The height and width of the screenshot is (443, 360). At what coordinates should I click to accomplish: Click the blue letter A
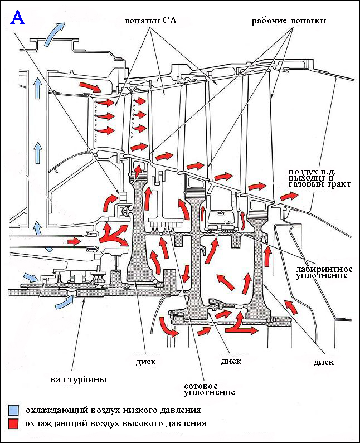(x=17, y=17)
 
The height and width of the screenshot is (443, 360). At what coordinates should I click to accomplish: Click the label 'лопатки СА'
(x=150, y=21)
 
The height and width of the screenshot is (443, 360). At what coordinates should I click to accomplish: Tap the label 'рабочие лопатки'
(x=289, y=21)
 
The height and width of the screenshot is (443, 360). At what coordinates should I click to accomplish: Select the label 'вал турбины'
(x=79, y=379)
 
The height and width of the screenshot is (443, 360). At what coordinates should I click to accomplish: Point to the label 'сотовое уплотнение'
(x=210, y=390)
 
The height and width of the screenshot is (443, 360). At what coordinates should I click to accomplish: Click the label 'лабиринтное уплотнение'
(x=324, y=272)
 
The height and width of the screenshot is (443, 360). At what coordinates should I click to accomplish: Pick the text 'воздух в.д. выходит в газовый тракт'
(x=319, y=178)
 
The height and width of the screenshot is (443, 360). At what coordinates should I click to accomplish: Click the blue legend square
(x=13, y=410)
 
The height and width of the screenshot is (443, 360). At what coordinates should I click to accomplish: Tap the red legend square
(x=13, y=424)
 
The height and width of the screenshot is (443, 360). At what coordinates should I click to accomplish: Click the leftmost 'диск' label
(x=146, y=362)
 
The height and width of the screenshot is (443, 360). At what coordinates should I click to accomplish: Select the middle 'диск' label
(x=231, y=361)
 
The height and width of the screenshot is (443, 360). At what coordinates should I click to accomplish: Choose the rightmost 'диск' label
(x=324, y=363)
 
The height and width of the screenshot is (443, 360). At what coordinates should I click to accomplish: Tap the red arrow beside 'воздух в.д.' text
(x=289, y=196)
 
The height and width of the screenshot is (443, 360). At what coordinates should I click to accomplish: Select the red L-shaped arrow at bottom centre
(x=241, y=324)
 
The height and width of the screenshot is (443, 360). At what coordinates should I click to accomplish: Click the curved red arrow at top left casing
(x=90, y=86)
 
